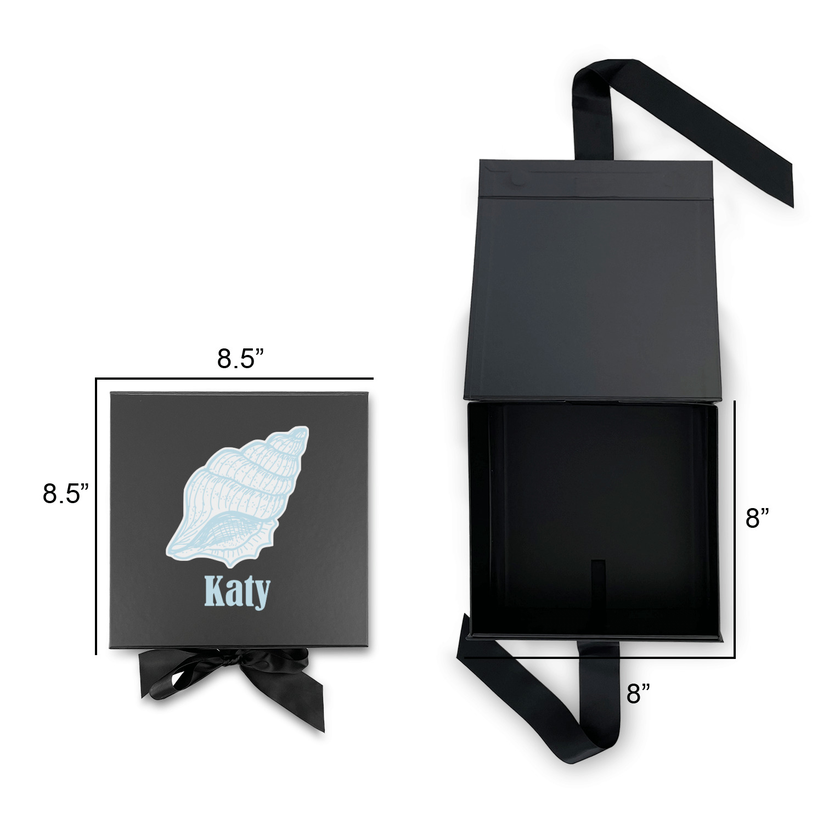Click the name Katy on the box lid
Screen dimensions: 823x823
pyautogui.click(x=237, y=591)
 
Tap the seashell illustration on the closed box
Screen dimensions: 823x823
pyautogui.click(x=239, y=496)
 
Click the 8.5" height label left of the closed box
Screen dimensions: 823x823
pyautogui.click(x=66, y=493)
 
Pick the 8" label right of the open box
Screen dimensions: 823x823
pyautogui.click(x=757, y=518)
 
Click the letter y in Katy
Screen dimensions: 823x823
pyautogui.click(x=262, y=596)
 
